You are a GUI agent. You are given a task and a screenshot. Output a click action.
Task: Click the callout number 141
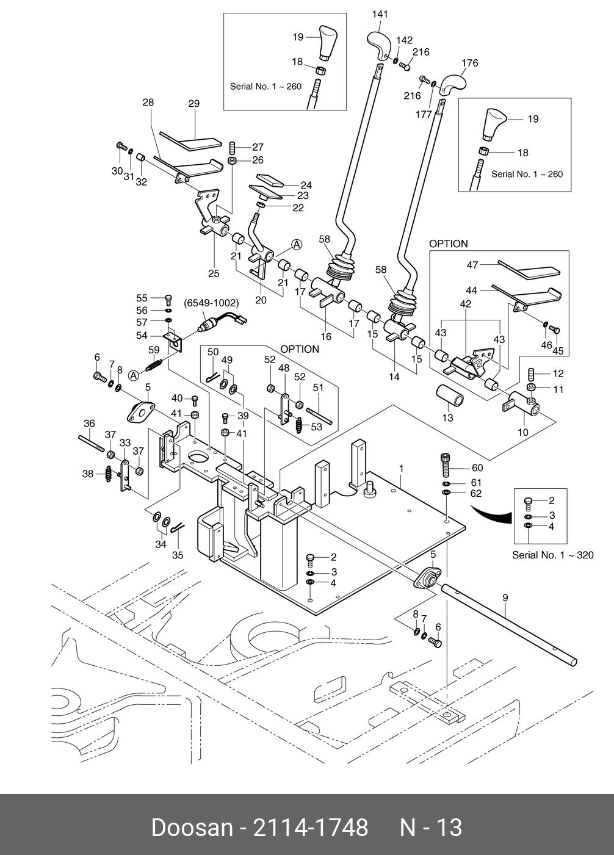(x=380, y=14)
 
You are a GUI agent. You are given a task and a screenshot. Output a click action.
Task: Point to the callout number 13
(x=447, y=418)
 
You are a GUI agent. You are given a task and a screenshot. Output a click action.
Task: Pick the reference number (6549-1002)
(x=211, y=303)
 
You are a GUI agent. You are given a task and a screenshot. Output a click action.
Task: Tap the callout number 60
(x=477, y=468)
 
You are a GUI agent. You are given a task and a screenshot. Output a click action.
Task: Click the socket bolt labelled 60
(x=446, y=467)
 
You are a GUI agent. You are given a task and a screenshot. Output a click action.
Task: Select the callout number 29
(x=193, y=104)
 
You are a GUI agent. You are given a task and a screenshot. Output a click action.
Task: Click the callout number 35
(x=177, y=555)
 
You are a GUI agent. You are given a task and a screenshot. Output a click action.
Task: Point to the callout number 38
(x=88, y=473)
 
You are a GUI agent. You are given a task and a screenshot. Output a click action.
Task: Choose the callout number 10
(x=523, y=433)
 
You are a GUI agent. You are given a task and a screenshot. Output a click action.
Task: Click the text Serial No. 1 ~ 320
(x=552, y=555)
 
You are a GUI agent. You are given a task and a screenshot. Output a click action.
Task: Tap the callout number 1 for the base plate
(x=402, y=468)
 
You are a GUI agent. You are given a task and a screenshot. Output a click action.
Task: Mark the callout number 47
(x=472, y=265)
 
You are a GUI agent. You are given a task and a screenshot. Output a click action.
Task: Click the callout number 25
(x=213, y=273)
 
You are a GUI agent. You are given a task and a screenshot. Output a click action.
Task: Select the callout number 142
(x=404, y=40)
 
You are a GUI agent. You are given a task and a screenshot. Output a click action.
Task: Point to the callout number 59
(x=154, y=350)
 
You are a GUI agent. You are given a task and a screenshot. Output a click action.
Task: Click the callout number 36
(x=89, y=424)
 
